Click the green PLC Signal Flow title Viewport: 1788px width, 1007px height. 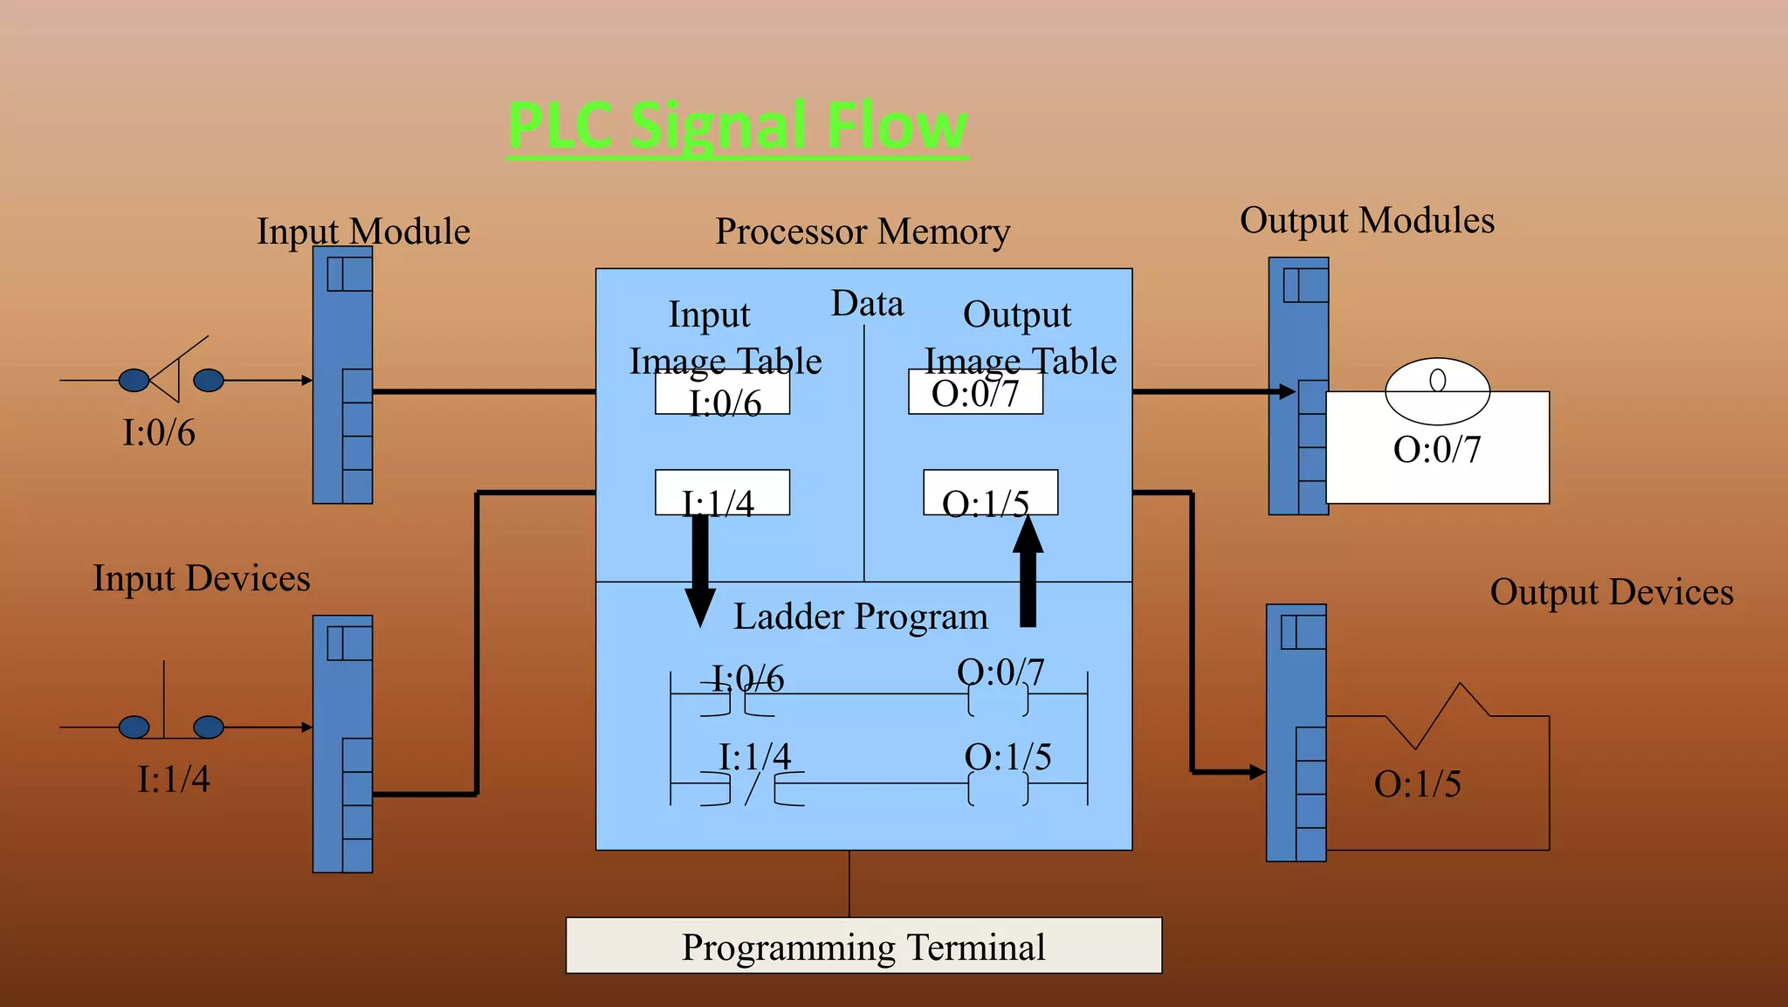click(738, 126)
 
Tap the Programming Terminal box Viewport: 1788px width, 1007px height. click(863, 946)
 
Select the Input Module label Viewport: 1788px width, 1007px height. click(363, 231)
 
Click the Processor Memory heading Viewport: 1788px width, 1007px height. click(863, 231)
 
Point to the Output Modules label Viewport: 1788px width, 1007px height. click(1367, 220)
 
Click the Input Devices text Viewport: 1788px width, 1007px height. click(202, 578)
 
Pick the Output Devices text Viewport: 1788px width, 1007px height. click(1612, 592)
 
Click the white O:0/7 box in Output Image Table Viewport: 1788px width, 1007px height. click(975, 392)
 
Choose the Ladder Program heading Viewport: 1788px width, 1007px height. click(861, 617)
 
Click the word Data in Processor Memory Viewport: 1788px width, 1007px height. click(867, 303)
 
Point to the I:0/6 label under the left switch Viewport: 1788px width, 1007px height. click(159, 432)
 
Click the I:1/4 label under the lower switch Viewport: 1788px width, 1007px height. click(174, 779)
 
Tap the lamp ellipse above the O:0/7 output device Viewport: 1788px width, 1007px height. click(1437, 390)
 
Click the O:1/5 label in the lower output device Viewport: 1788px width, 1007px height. click(1417, 783)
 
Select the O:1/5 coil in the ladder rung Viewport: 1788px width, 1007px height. click(998, 789)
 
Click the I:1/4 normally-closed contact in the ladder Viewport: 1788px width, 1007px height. click(753, 789)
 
